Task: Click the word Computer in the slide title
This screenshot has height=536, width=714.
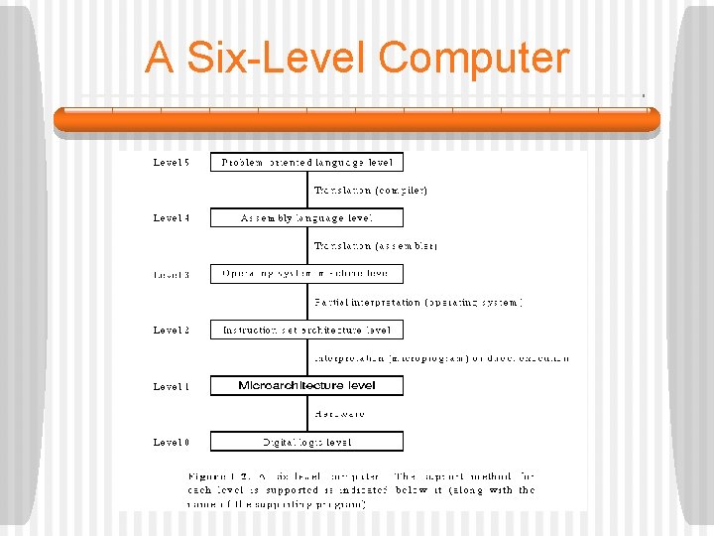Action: (x=473, y=58)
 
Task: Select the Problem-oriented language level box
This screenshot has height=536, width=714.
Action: (x=306, y=162)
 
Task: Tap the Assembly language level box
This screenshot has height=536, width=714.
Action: (x=306, y=217)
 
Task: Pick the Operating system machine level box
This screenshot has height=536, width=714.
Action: (x=306, y=274)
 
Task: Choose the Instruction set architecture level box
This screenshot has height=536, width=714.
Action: (x=306, y=330)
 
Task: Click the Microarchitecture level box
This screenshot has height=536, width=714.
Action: (x=306, y=385)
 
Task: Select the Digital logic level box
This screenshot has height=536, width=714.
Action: (x=306, y=442)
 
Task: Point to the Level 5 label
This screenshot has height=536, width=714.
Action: (x=172, y=162)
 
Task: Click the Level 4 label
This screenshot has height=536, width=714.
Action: (x=172, y=217)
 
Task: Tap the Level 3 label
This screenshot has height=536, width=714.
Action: (x=172, y=274)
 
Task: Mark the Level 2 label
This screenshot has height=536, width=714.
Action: (x=172, y=330)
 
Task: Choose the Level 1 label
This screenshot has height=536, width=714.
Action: (x=172, y=386)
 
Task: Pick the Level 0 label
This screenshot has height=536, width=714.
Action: (x=172, y=442)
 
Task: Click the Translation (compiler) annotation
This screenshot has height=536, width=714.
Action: (x=371, y=190)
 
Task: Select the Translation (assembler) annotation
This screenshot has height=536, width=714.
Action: (x=376, y=245)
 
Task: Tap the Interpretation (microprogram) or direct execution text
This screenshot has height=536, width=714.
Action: (x=442, y=357)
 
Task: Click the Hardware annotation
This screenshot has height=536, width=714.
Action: (x=339, y=414)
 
